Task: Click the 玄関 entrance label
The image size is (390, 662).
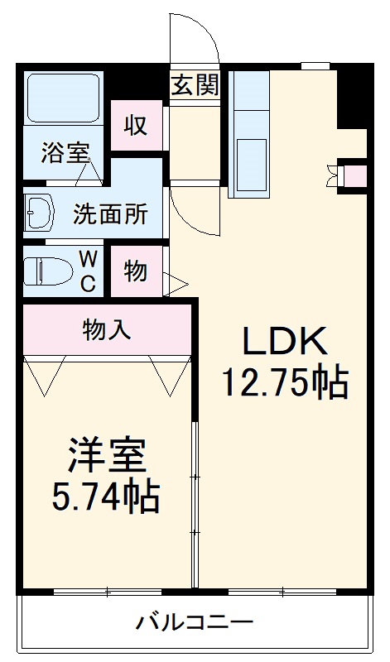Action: (x=195, y=85)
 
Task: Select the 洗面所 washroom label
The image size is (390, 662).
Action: (x=111, y=214)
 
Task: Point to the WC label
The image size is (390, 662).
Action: (x=88, y=271)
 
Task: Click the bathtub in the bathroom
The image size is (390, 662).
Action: (x=63, y=98)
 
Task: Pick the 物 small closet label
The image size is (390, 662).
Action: (x=136, y=271)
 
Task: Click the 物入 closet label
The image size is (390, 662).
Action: (x=107, y=330)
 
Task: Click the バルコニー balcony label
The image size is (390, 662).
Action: (x=195, y=622)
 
